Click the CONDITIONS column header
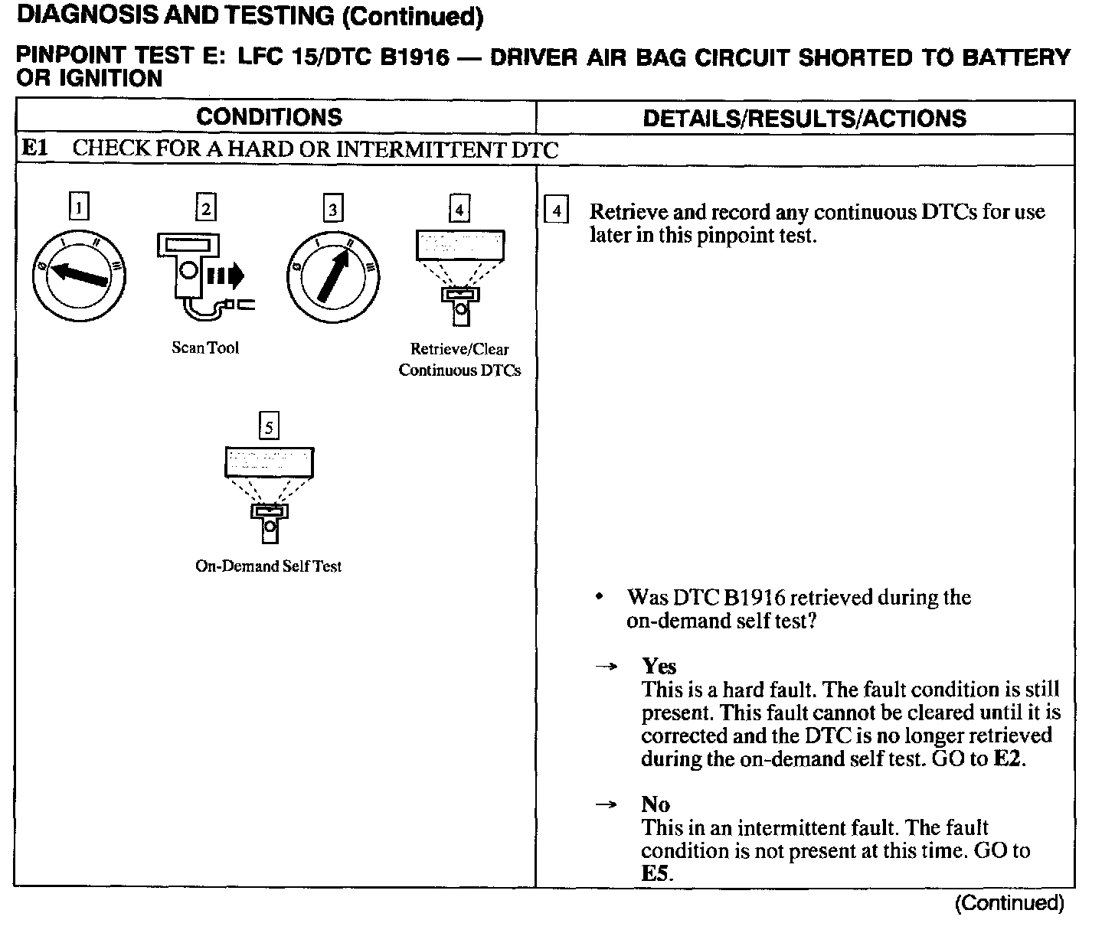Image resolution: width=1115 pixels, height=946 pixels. [x=269, y=117]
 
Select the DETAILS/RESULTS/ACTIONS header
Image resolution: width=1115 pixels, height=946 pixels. [x=804, y=118]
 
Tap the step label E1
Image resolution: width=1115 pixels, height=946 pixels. [x=34, y=148]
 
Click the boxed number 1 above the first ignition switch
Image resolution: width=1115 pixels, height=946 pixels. [x=79, y=207]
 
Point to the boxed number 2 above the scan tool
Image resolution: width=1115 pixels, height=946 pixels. [x=206, y=207]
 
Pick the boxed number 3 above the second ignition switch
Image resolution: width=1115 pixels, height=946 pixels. [x=332, y=208]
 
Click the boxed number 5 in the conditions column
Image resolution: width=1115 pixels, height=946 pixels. [x=269, y=426]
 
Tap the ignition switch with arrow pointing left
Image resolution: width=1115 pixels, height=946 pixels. [x=79, y=275]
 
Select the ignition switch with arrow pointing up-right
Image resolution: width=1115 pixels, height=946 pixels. [x=333, y=275]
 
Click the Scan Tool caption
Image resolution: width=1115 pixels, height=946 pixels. [x=205, y=348]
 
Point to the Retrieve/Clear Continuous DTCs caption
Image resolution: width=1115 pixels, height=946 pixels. [x=459, y=360]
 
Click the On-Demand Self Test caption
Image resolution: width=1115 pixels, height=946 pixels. [x=268, y=566]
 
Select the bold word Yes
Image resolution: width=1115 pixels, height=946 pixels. [x=659, y=666]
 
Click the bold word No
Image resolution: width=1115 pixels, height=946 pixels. [x=656, y=804]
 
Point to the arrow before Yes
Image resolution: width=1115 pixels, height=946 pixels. [x=606, y=667]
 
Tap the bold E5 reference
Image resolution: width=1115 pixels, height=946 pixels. [x=656, y=873]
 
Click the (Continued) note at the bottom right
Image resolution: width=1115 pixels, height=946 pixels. [x=1009, y=903]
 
